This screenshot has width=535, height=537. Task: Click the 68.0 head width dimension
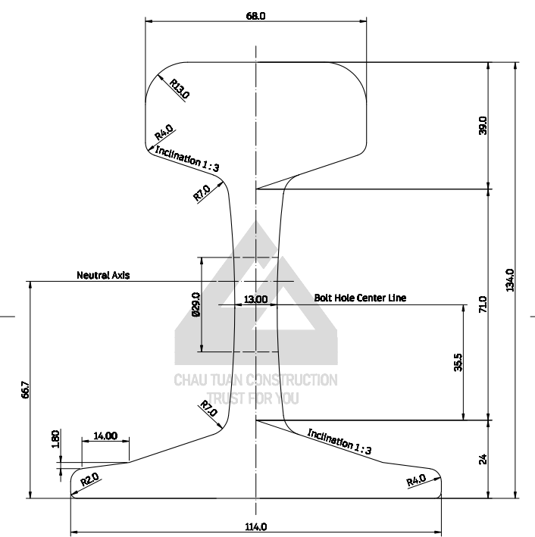pyautogui.click(x=255, y=15)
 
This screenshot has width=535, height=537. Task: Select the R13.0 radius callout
pyautogui.click(x=180, y=89)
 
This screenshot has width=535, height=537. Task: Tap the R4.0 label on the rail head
pyautogui.click(x=164, y=134)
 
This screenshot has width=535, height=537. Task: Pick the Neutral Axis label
pyautogui.click(x=103, y=276)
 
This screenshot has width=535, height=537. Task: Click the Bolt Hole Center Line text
pyautogui.click(x=360, y=298)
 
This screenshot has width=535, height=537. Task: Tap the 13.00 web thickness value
pyautogui.click(x=255, y=299)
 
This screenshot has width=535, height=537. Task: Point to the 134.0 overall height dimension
pyautogui.click(x=510, y=280)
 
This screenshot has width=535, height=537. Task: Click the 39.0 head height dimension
pyautogui.click(x=483, y=125)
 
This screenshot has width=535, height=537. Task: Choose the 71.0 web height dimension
pyautogui.click(x=483, y=304)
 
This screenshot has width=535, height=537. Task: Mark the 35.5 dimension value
pyautogui.click(x=457, y=363)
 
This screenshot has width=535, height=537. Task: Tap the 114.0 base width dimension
pyautogui.click(x=255, y=527)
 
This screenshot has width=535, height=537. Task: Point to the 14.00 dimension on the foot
pyautogui.click(x=105, y=436)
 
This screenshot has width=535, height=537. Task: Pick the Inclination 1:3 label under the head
pyautogui.click(x=187, y=160)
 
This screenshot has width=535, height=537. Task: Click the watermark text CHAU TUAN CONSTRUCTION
pyautogui.click(x=256, y=380)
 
